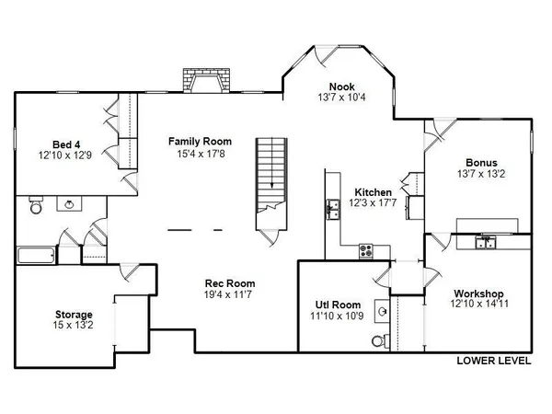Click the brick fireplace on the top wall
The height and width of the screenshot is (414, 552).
[x=205, y=81]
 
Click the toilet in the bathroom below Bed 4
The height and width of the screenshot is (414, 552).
[x=35, y=206]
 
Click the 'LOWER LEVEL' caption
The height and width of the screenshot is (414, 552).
[x=494, y=361]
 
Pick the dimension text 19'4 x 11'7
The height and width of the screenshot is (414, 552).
[x=229, y=294]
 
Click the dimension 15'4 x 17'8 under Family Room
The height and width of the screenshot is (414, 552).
[x=200, y=153]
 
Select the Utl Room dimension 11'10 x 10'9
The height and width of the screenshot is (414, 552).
[x=338, y=316]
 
